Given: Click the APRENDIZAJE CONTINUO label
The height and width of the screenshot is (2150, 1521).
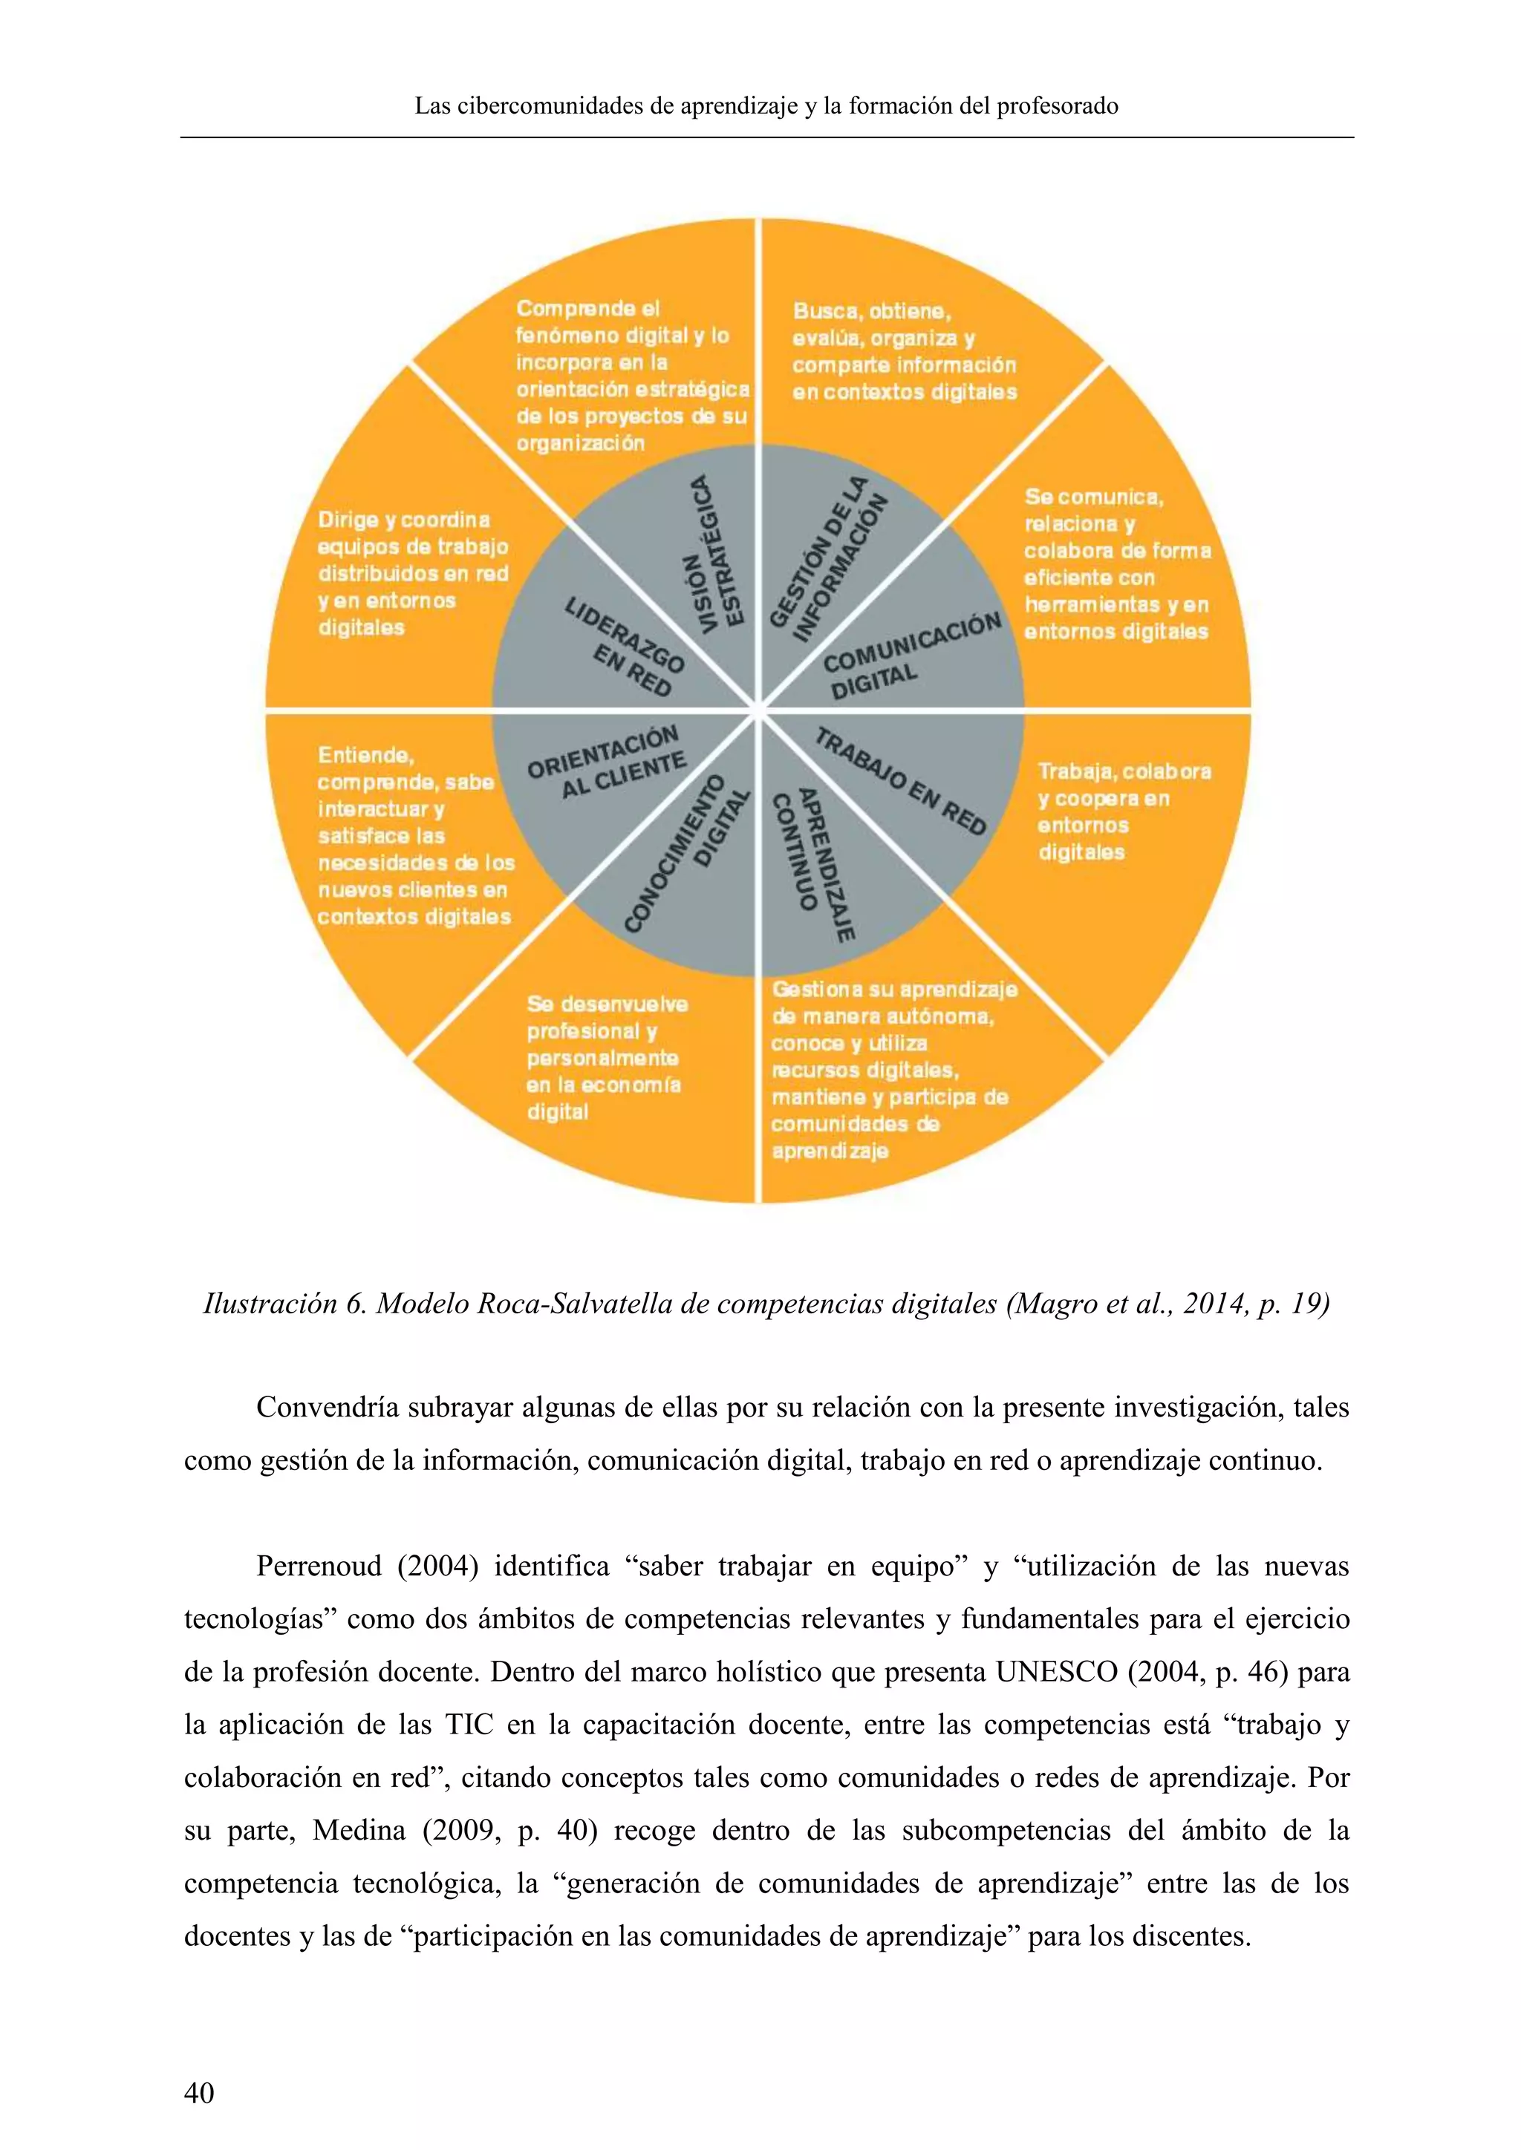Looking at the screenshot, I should tap(813, 863).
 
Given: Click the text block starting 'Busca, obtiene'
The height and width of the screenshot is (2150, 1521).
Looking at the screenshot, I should tap(904, 351).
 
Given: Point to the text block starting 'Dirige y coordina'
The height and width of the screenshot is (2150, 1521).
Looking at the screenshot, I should tap(412, 573).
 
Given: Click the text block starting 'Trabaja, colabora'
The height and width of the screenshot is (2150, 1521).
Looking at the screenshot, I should tap(1123, 811).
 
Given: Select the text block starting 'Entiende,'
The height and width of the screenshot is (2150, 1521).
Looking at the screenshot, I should tap(415, 835).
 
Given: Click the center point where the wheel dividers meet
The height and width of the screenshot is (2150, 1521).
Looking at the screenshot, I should tap(758, 710).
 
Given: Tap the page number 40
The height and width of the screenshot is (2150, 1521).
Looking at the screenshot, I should tap(198, 2092).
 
